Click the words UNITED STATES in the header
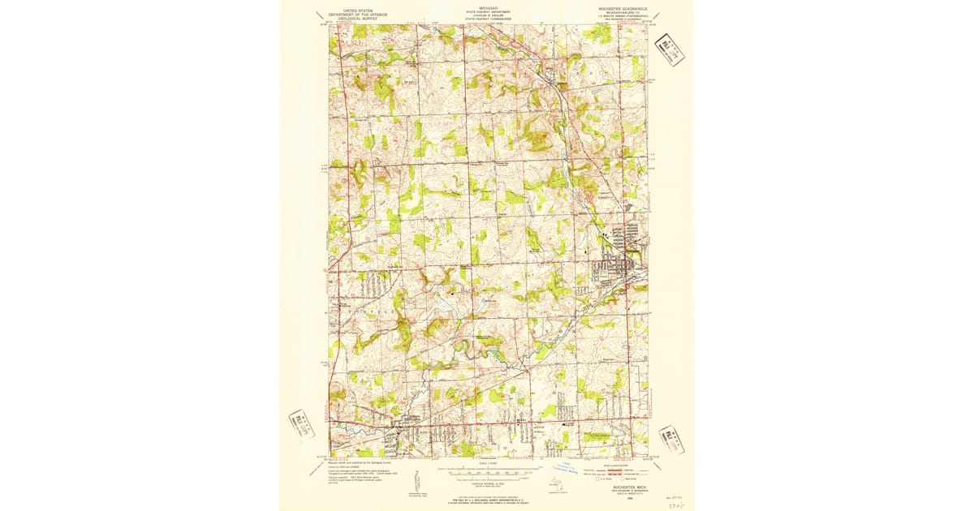pyautogui.click(x=358, y=11)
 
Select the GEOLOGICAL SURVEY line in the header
pyautogui.click(x=358, y=18)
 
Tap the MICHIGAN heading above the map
pyautogui.click(x=489, y=7)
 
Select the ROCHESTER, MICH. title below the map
pyautogui.click(x=620, y=483)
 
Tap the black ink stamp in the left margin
pyautogui.click(x=301, y=424)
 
